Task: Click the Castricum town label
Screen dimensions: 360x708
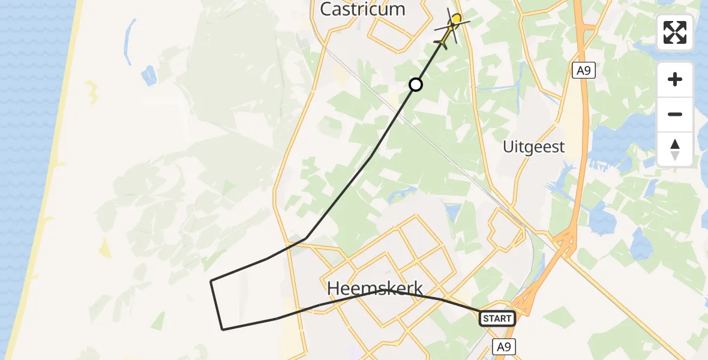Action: point(362,9)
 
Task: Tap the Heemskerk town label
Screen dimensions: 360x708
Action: point(375,289)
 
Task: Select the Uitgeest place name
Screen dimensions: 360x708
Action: point(534,147)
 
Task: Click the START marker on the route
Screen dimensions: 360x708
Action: point(497,319)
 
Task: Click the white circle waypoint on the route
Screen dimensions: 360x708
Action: point(416,85)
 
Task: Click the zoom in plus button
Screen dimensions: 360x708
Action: point(675,79)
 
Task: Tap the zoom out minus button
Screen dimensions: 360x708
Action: point(675,114)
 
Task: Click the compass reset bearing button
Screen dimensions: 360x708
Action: point(675,149)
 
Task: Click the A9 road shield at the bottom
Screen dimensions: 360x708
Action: point(504,346)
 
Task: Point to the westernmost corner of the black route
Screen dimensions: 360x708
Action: point(211,281)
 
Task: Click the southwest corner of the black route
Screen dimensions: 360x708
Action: point(223,329)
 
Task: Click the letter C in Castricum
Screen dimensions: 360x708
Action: point(328,9)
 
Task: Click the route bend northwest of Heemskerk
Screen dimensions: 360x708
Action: point(306,238)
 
